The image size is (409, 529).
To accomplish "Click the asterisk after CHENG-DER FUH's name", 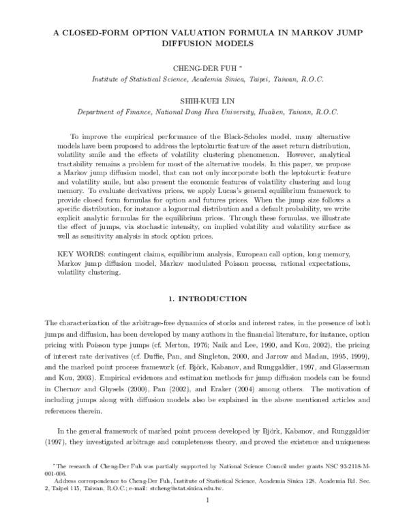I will coord(231,67).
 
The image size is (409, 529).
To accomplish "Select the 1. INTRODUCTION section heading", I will coord(204,299).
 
